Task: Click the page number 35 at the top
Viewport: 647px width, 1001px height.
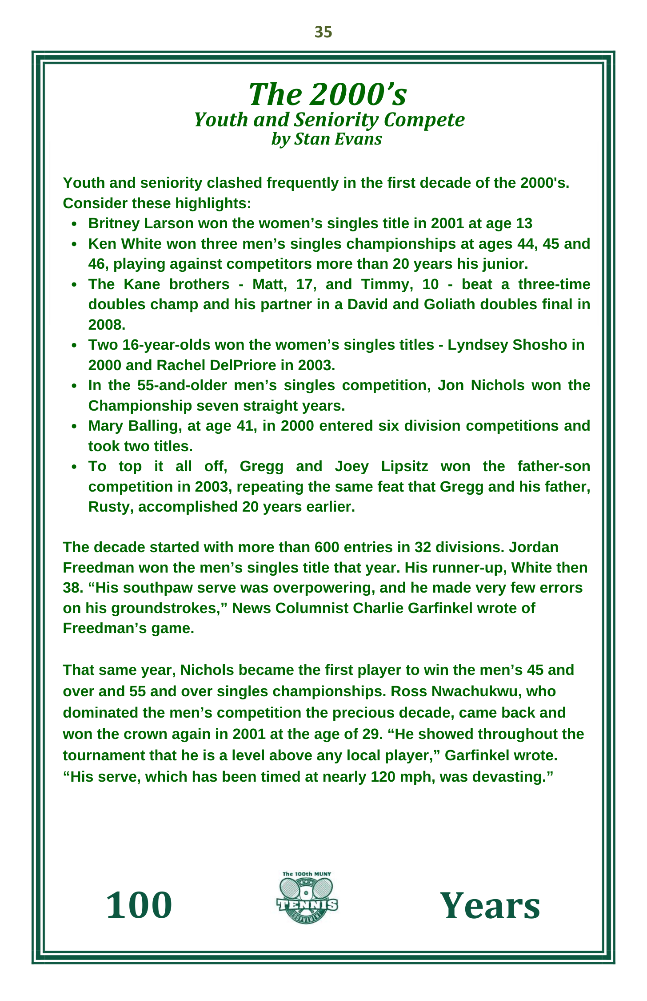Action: (323, 32)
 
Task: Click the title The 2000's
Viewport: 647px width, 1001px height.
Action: (327, 94)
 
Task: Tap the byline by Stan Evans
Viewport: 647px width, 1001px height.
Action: (327, 139)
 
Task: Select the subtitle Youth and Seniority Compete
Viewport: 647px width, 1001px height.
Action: (329, 120)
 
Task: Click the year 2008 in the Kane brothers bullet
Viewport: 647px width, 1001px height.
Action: (107, 325)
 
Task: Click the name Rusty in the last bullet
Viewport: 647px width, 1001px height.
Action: (111, 507)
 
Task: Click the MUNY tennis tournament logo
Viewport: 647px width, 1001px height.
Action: (307, 897)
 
